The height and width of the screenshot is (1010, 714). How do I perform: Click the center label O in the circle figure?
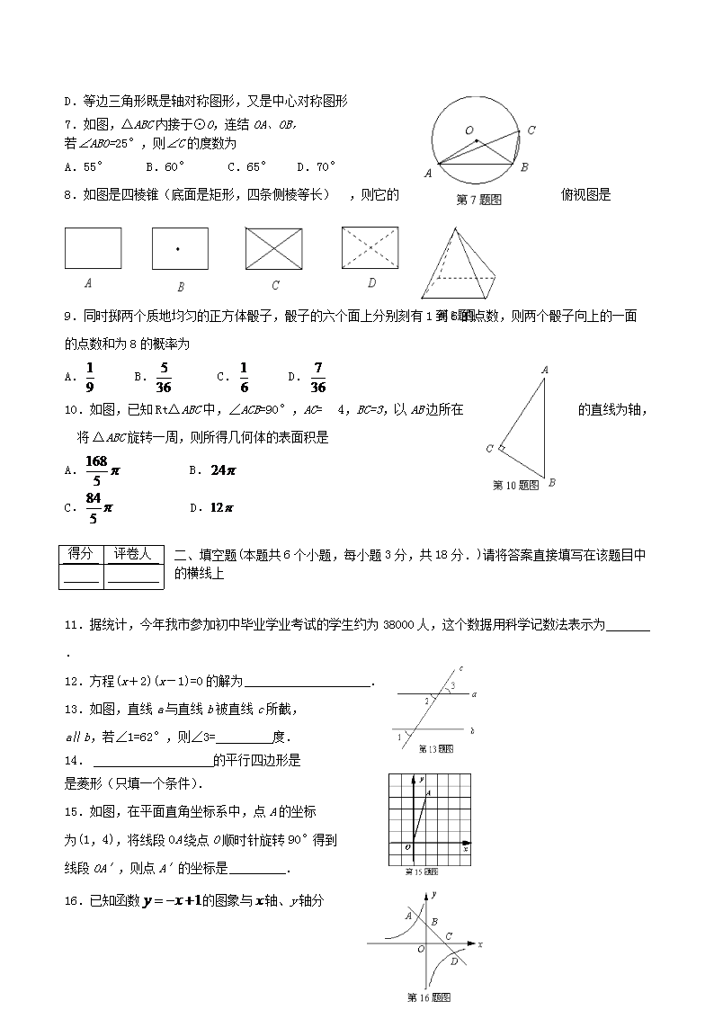(469, 130)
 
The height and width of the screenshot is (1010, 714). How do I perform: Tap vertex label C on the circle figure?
(531, 130)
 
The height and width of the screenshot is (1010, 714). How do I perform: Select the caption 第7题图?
(478, 200)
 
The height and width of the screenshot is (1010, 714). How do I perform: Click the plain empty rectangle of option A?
(93, 248)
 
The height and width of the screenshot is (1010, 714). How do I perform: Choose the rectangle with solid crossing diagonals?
(275, 248)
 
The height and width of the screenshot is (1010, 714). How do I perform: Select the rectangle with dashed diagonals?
(370, 248)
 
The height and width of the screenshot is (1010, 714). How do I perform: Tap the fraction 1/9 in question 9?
(90, 377)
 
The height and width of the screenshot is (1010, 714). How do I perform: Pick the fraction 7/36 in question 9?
(317, 377)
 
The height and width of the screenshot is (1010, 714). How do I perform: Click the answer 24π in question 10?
(222, 469)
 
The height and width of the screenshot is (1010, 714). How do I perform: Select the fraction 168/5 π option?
(98, 469)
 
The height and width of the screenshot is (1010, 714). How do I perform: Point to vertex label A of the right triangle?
(545, 369)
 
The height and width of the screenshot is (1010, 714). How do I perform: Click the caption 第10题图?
(516, 485)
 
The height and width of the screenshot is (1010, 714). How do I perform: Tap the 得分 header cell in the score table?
(80, 554)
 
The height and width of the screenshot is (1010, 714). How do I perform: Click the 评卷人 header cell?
(132, 554)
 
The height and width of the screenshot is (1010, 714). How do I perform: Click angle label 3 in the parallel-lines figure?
(452, 686)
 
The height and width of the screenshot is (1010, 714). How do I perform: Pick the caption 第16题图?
(428, 997)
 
